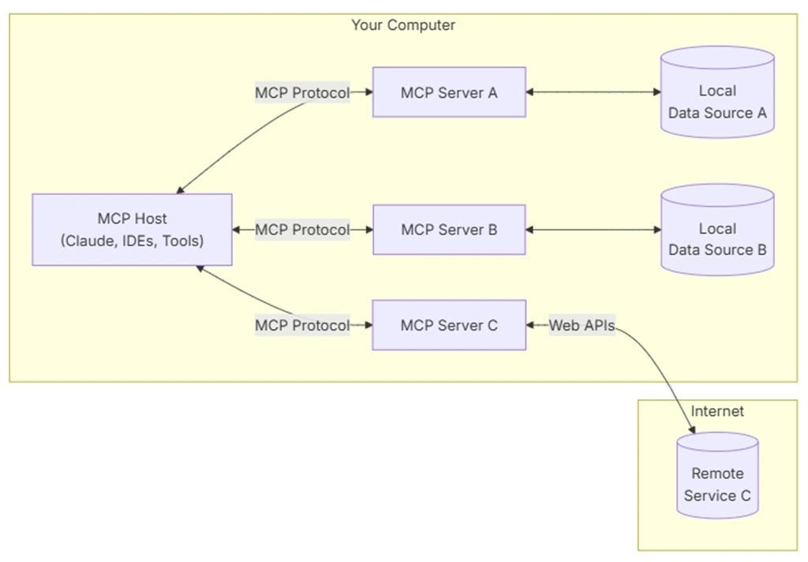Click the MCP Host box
click(132, 229)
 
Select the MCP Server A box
click(449, 92)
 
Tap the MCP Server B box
click(449, 230)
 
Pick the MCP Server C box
click(449, 324)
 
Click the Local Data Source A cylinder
click(717, 92)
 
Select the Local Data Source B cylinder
click(717, 230)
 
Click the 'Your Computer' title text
click(402, 25)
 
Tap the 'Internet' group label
click(717, 411)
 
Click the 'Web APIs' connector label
click(582, 324)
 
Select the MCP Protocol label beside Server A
click(301, 92)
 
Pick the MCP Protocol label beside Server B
click(301, 230)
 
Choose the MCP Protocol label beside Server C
click(301, 324)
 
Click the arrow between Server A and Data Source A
click(593, 92)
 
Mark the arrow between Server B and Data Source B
click(593, 230)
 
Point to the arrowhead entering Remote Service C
click(693, 429)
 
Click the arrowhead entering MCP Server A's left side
click(368, 92)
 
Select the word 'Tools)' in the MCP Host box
click(183, 241)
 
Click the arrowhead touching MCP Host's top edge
click(180, 190)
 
